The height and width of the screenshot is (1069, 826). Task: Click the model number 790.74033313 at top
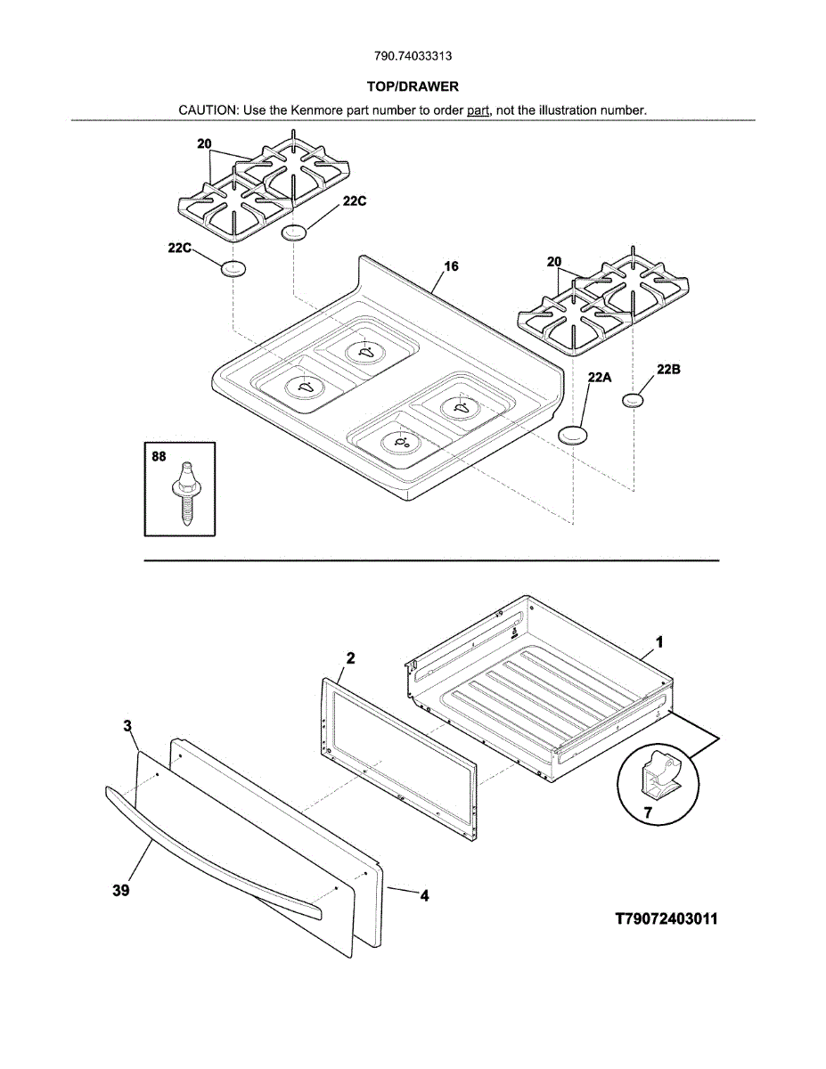(x=413, y=56)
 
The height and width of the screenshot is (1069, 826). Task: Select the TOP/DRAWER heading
(x=413, y=86)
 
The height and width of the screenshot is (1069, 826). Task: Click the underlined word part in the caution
(x=478, y=110)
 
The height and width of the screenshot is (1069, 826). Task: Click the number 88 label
(x=159, y=457)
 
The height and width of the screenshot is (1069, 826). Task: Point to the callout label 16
(x=451, y=266)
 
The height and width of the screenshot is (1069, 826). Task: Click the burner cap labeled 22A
(x=573, y=434)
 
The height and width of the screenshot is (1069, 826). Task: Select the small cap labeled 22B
(x=632, y=400)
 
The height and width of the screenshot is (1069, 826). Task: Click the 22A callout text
(x=600, y=378)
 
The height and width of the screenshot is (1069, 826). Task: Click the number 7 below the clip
(x=648, y=812)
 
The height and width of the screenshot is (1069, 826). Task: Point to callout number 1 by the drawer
(x=659, y=641)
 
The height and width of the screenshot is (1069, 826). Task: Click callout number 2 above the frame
(x=350, y=658)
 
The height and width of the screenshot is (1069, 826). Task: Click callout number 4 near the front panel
(x=424, y=896)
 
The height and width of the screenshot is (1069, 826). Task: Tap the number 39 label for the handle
(x=121, y=890)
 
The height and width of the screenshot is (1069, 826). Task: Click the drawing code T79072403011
(x=667, y=918)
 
